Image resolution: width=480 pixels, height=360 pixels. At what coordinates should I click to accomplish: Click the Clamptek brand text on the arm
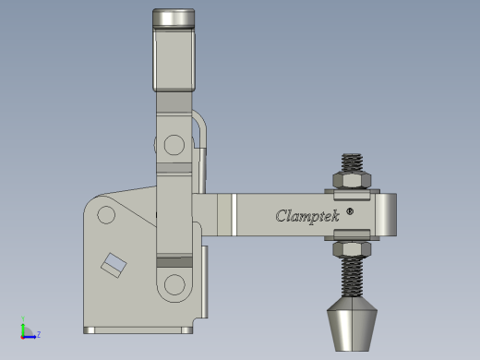[307, 216]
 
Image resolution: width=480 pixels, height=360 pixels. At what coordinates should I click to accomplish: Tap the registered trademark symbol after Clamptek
[350, 211]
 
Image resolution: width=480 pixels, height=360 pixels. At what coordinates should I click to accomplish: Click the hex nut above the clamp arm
[352, 180]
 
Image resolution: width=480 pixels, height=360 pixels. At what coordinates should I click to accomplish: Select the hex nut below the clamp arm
[352, 249]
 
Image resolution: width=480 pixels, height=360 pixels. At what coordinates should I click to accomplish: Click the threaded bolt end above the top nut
[352, 162]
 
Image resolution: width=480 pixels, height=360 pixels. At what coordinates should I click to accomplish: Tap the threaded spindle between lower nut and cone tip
[352, 277]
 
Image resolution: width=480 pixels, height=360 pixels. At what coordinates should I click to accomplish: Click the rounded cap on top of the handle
[174, 18]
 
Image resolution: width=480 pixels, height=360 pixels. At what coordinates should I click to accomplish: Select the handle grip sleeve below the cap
[174, 60]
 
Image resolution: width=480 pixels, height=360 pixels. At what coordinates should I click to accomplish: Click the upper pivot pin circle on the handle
[174, 145]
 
